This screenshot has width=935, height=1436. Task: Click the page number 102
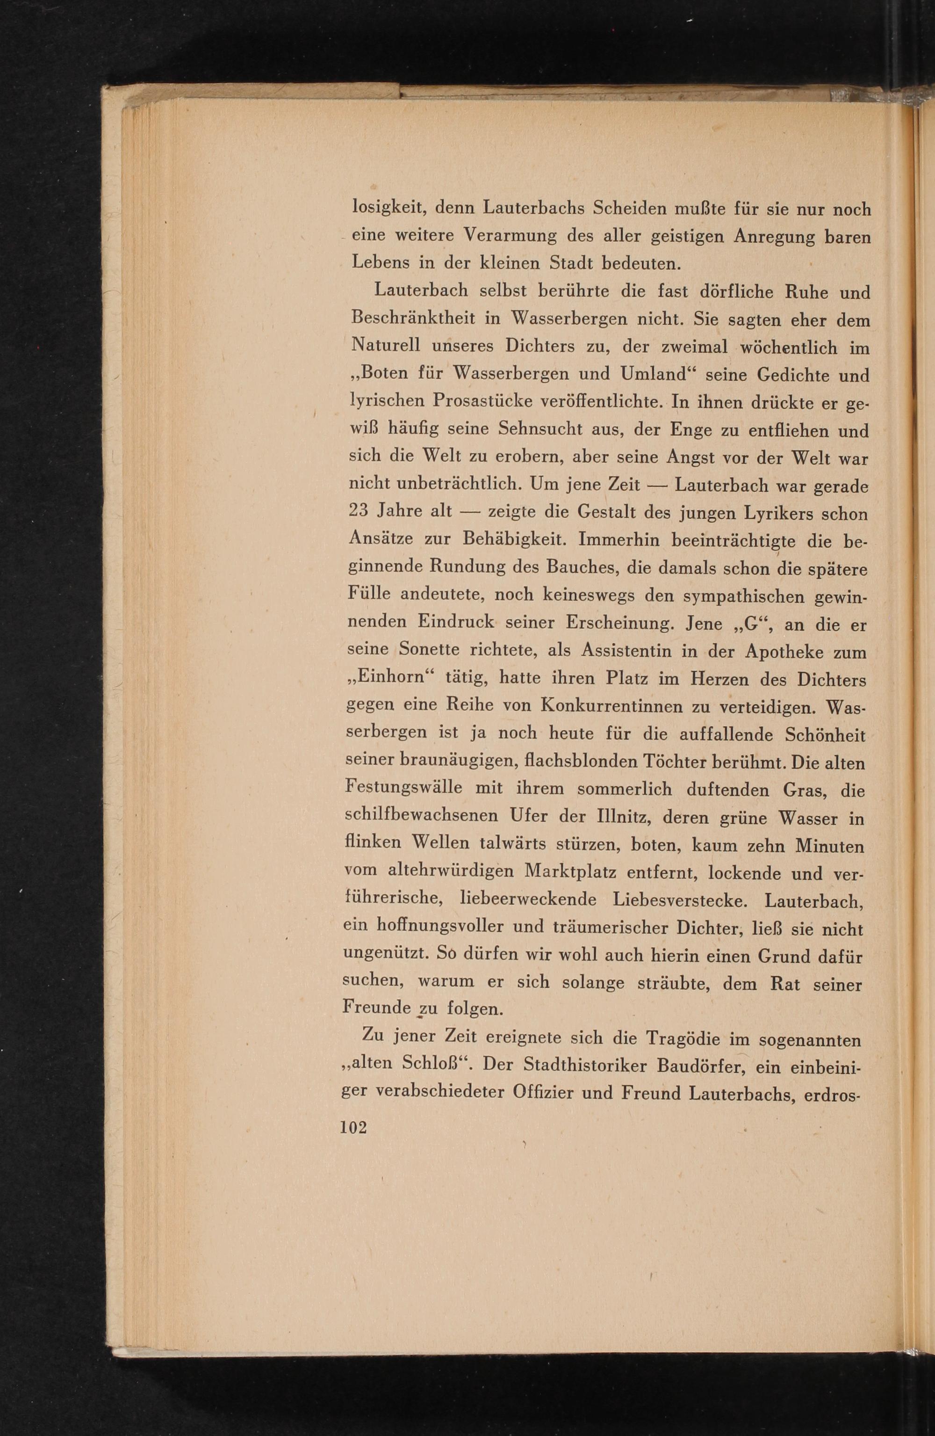coord(353,1127)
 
